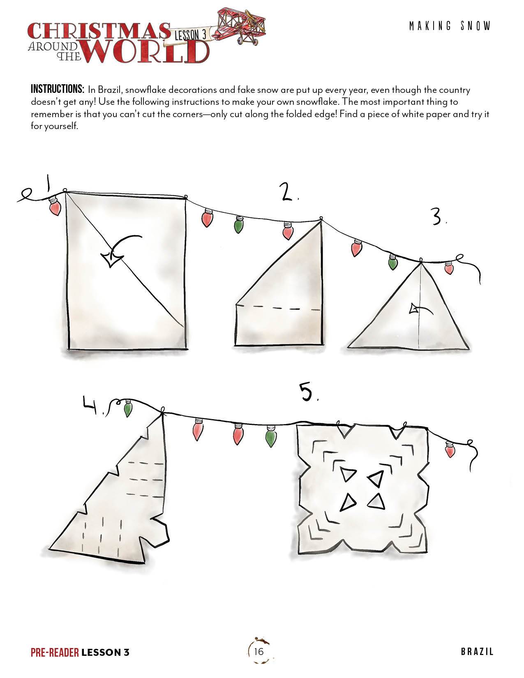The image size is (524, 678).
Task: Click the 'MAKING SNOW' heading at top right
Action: pos(450,26)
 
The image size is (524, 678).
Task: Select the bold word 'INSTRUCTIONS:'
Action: pos(58,90)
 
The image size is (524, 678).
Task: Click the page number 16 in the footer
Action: pos(259,651)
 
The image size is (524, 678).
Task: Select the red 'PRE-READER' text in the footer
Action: pos(55,652)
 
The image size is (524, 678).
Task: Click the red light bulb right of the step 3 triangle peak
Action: pos(449,268)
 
